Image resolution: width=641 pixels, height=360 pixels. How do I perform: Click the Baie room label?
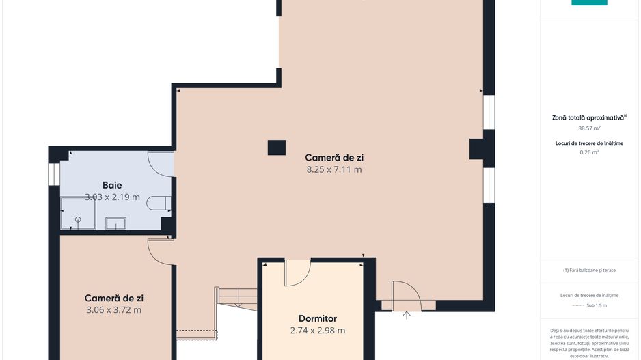pos(112,185)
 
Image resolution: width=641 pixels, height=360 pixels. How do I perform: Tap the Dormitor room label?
pos(318,318)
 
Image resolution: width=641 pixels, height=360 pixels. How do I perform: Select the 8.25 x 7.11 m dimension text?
pos(334,169)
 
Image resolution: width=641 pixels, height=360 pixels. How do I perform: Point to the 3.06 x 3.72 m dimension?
pos(113,309)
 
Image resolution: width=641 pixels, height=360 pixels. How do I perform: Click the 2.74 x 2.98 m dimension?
pos(318,330)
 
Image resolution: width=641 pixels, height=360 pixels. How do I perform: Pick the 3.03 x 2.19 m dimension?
pos(112,197)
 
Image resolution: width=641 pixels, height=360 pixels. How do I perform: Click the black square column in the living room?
pos(277,148)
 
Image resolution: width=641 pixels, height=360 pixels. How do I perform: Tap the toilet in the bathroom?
pos(159,203)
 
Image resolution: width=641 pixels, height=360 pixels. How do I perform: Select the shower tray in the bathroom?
pos(78,213)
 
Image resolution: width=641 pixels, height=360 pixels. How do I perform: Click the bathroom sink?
pos(115,223)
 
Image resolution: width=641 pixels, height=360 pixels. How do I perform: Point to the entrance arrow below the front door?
pos(407,315)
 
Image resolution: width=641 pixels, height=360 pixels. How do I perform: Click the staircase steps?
pos(236,297)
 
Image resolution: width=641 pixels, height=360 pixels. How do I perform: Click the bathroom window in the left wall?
pos(54,174)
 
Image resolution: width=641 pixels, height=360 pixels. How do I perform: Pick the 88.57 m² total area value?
pos(589,128)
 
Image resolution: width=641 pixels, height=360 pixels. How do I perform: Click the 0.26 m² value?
pos(589,152)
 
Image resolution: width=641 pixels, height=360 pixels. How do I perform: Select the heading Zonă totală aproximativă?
pos(589,117)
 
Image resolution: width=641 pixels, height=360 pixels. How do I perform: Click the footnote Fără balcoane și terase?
pos(589,270)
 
